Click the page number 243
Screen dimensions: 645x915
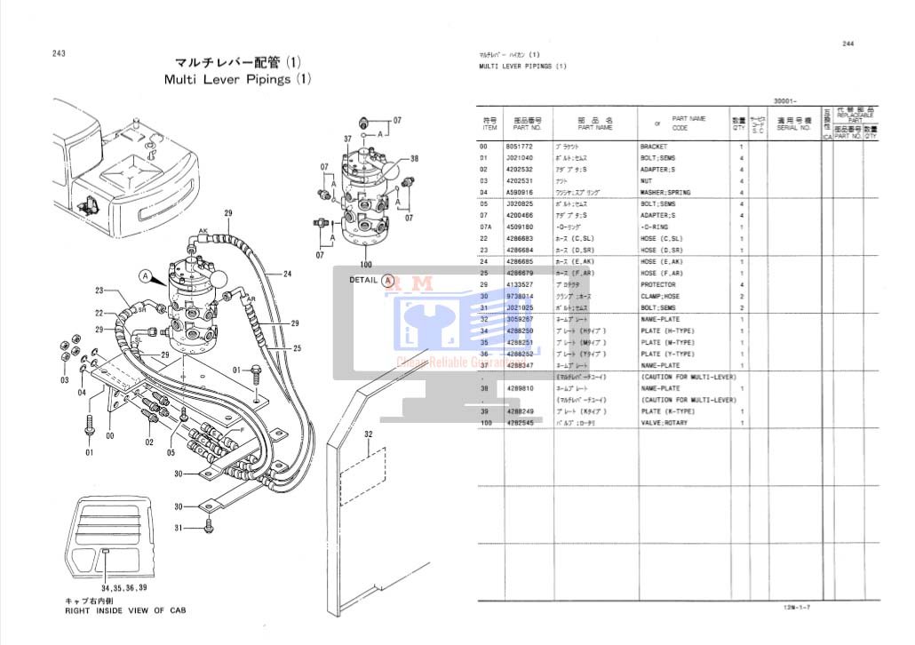59,53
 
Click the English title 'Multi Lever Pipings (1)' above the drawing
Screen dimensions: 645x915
238,79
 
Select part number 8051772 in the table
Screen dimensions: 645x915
519,146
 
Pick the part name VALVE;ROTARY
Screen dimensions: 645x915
664,423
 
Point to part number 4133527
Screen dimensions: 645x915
519,284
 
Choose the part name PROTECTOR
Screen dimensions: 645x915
658,284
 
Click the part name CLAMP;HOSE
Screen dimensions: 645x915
660,296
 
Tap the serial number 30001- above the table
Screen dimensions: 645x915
785,101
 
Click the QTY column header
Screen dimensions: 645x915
738,127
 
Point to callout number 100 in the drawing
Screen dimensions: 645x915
364,265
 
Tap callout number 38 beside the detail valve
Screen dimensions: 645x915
413,160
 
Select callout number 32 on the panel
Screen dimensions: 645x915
369,434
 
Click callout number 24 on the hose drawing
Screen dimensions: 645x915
288,274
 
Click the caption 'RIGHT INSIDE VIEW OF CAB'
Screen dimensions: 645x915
125,610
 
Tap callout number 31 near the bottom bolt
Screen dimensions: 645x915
178,529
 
